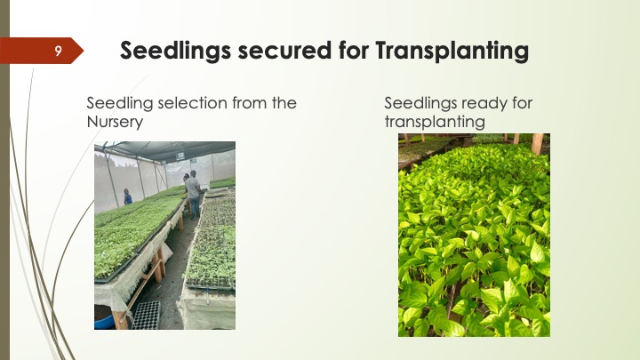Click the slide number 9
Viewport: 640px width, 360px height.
click(x=58, y=51)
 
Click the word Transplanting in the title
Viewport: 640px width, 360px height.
click(x=452, y=51)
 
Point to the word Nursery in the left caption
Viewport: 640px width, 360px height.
click(x=115, y=122)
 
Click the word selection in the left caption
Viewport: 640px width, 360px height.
click(x=192, y=103)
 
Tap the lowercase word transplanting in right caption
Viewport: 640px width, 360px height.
click(x=435, y=122)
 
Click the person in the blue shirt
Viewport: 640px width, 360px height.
click(x=128, y=196)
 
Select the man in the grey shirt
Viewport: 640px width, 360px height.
click(x=193, y=195)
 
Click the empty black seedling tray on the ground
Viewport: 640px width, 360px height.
click(x=146, y=315)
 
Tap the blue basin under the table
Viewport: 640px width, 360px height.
click(x=103, y=317)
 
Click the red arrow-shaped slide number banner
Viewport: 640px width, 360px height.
click(x=41, y=51)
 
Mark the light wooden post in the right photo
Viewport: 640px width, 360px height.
click(x=537, y=144)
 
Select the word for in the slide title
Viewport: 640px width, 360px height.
click(x=353, y=50)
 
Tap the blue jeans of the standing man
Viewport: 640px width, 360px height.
click(x=195, y=207)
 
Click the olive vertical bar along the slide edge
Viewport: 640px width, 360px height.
click(x=4, y=180)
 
